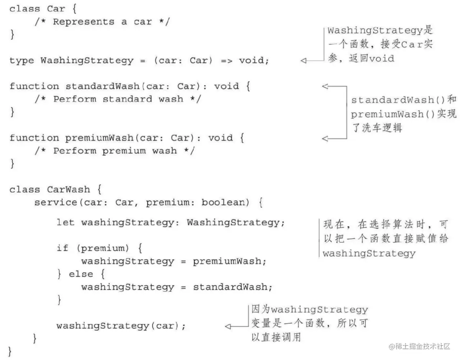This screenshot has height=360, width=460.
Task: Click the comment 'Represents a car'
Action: (x=102, y=22)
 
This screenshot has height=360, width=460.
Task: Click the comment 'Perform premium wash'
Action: (x=115, y=151)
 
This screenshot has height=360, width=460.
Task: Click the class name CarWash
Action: (x=68, y=190)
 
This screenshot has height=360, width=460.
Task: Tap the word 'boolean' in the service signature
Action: (x=222, y=203)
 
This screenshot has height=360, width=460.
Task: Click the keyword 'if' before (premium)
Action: (x=62, y=248)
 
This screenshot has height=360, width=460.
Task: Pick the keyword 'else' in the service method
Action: (x=81, y=274)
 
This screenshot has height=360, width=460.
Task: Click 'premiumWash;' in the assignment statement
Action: (x=229, y=262)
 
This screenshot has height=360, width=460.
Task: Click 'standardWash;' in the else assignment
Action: (x=232, y=287)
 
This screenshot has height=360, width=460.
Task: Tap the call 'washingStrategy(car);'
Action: (x=121, y=326)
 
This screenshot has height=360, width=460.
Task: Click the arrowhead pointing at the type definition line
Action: (x=304, y=61)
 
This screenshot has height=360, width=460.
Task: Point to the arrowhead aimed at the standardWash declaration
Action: (x=325, y=86)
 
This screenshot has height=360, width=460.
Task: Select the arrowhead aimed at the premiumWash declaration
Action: (x=325, y=138)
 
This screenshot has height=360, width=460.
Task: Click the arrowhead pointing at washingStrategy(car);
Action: (x=228, y=326)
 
